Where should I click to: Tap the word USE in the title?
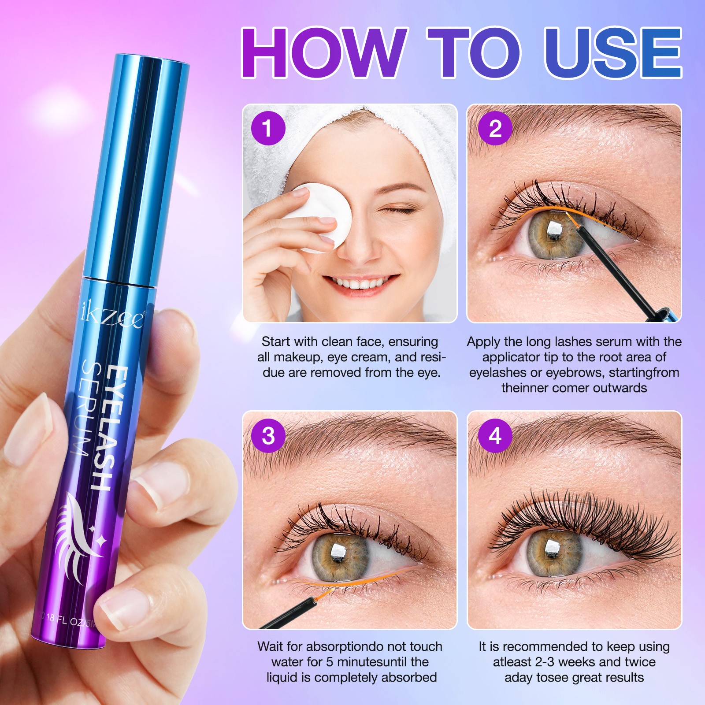coord(613,52)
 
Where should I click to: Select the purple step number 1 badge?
coord(268,128)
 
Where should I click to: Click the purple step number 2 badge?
coord(495,128)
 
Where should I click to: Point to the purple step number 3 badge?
coord(268,436)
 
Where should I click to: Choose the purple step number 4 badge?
coord(495,436)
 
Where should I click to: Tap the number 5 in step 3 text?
coord(330,662)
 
